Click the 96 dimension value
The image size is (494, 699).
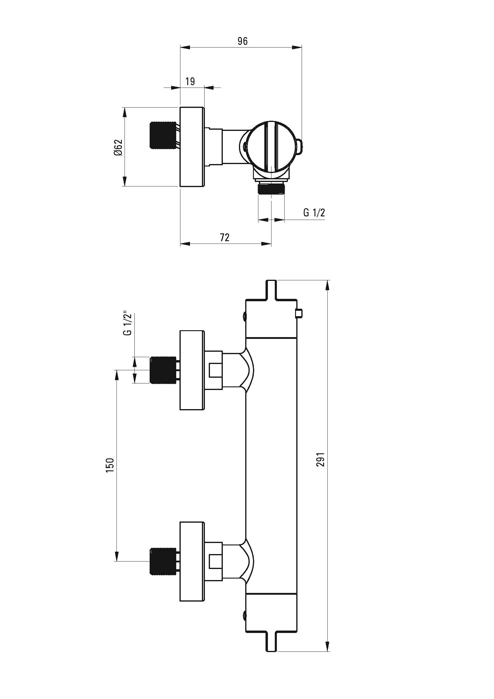243,41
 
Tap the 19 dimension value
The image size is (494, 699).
190,82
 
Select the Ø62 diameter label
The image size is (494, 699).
118,148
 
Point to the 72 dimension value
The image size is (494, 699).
225,238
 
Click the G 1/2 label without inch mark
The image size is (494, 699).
314,212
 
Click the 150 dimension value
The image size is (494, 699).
110,465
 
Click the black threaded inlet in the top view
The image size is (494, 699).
163,135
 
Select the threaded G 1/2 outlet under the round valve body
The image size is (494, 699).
271,188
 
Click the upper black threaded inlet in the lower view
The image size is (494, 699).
163,370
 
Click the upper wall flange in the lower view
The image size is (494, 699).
192,370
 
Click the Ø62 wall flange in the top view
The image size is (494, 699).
192,147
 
